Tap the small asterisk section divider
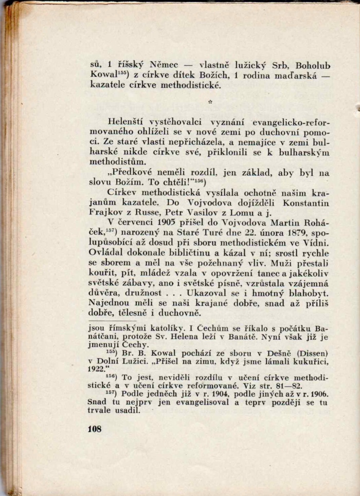(x=210, y=102)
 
